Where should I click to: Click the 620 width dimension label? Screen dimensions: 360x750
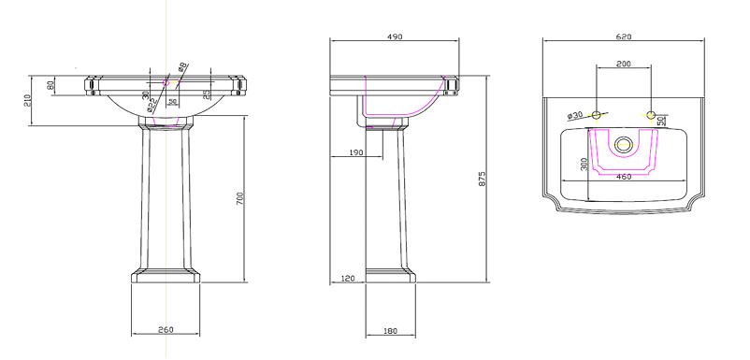[624, 36]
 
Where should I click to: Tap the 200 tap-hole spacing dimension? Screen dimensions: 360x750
[623, 64]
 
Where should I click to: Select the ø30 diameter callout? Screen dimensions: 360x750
[575, 115]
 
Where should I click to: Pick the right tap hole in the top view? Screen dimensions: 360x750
[651, 115]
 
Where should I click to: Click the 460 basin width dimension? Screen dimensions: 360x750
[623, 177]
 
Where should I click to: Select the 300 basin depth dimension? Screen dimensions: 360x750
[583, 166]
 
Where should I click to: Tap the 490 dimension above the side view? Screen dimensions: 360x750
[394, 36]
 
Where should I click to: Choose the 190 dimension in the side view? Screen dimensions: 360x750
[356, 151]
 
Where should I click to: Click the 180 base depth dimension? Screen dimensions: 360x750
[390, 331]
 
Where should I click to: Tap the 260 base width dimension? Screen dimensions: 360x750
[166, 330]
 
